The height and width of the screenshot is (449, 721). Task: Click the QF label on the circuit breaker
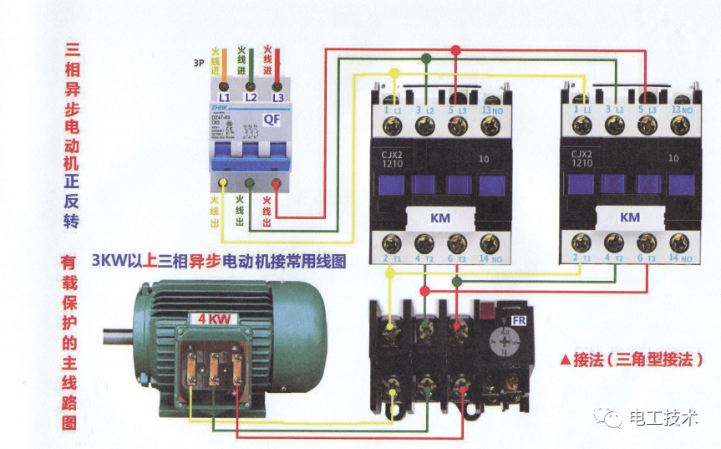point(272,119)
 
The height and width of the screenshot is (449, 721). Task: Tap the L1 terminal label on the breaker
point(224,97)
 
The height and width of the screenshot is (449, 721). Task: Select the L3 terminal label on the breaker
point(277,97)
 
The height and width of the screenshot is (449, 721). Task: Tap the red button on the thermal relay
point(485,310)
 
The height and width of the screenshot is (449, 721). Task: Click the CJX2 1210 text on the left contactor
point(394,159)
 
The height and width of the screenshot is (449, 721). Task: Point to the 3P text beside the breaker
point(199,63)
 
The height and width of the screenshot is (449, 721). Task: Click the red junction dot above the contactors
point(455,51)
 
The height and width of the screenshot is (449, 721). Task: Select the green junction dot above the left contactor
point(427,59)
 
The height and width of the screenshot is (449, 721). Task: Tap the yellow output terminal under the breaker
point(223,183)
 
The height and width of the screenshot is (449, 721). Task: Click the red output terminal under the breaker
point(277,183)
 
